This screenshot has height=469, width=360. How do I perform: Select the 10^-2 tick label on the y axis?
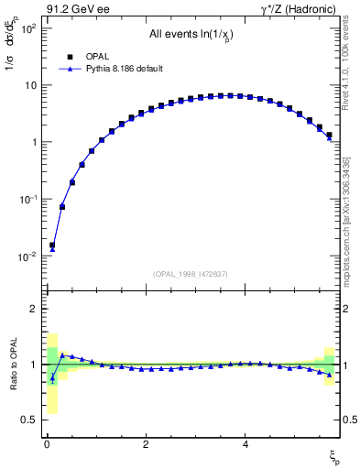click(27, 256)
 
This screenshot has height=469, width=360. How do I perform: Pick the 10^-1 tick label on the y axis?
click(27, 199)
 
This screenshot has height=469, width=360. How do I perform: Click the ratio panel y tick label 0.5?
click(27, 420)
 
